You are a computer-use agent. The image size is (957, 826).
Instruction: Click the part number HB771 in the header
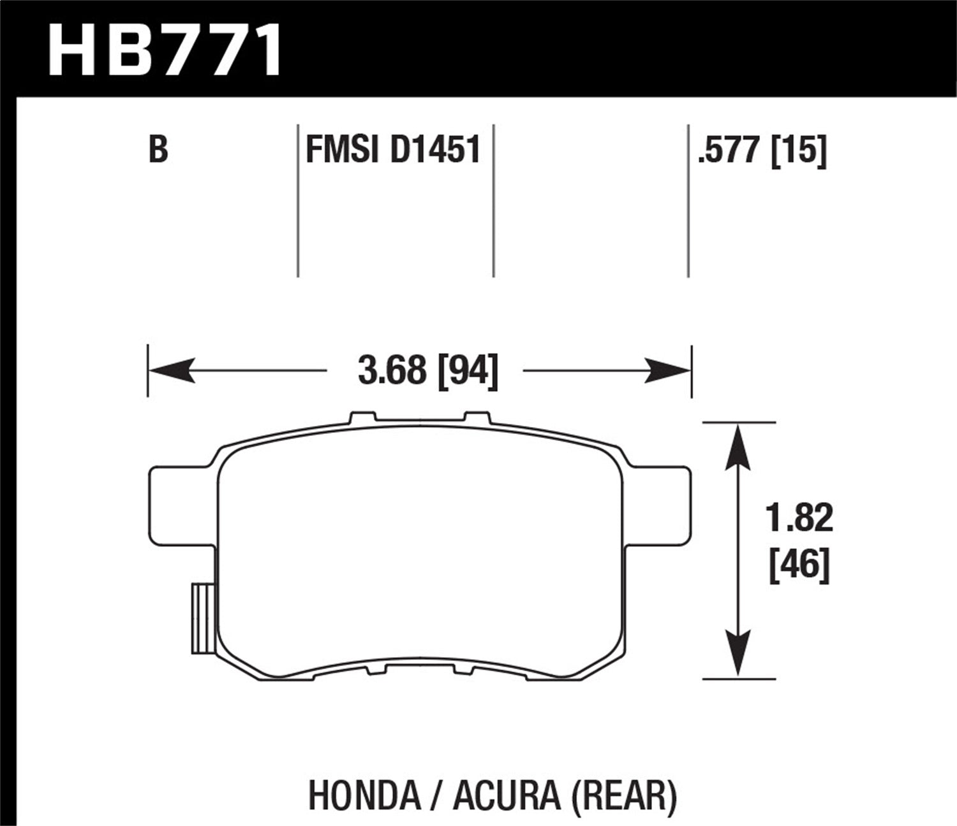click(x=165, y=48)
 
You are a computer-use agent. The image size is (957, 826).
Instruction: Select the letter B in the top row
click(x=158, y=151)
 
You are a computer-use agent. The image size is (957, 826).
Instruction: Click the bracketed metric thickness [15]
click(x=799, y=151)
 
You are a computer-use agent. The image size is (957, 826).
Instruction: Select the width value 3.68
click(x=392, y=370)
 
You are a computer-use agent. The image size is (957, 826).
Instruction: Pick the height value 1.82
click(x=799, y=518)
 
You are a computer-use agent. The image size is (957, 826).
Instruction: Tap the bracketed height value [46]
click(x=799, y=565)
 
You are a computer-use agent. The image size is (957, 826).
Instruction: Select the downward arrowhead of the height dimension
click(x=738, y=653)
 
